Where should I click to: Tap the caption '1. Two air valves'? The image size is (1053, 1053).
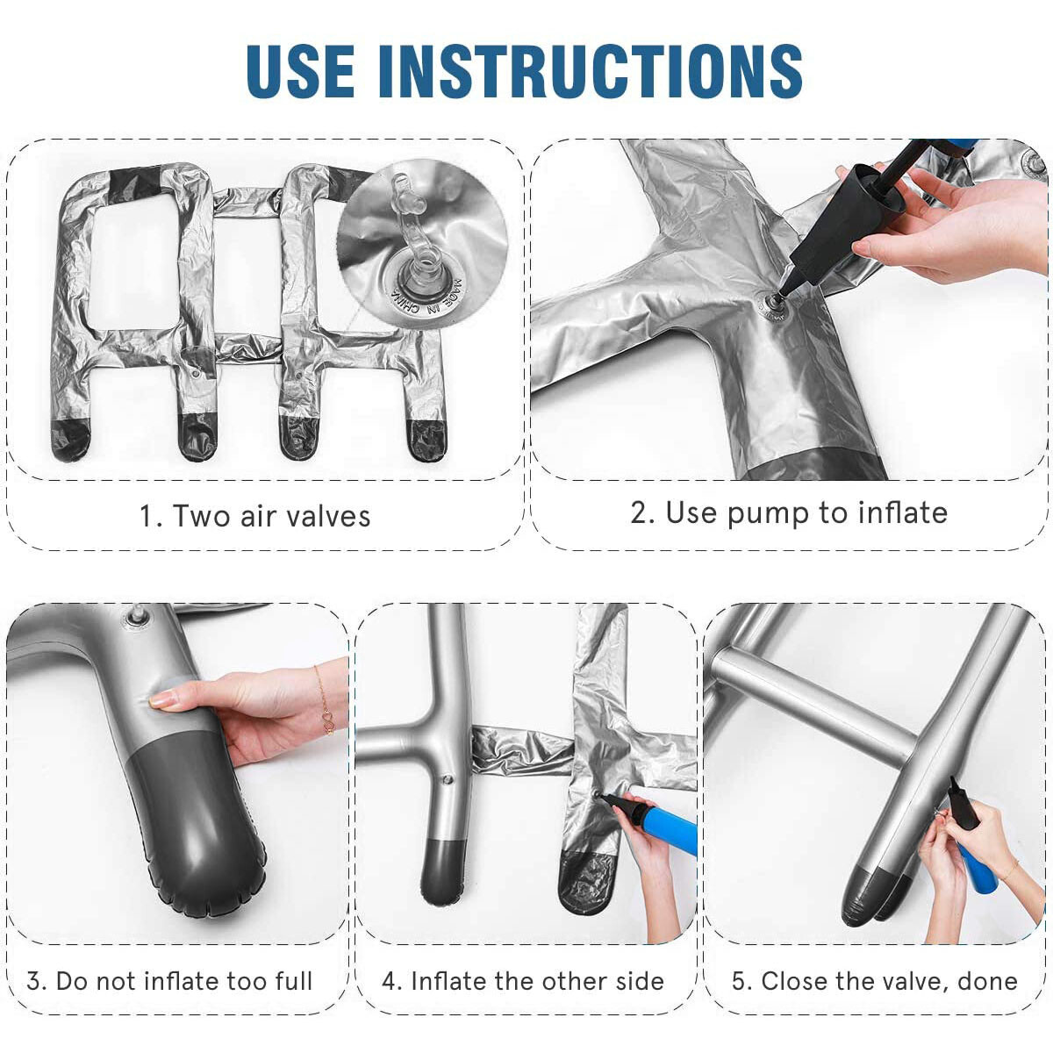click(x=254, y=516)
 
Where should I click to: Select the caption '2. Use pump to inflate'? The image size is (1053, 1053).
click(x=788, y=512)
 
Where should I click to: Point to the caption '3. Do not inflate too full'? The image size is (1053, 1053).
click(x=169, y=980)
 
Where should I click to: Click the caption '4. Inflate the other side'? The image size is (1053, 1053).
click(x=523, y=980)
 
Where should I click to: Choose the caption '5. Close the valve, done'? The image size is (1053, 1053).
click(x=874, y=980)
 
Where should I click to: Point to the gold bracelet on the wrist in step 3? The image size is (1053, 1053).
click(x=324, y=702)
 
